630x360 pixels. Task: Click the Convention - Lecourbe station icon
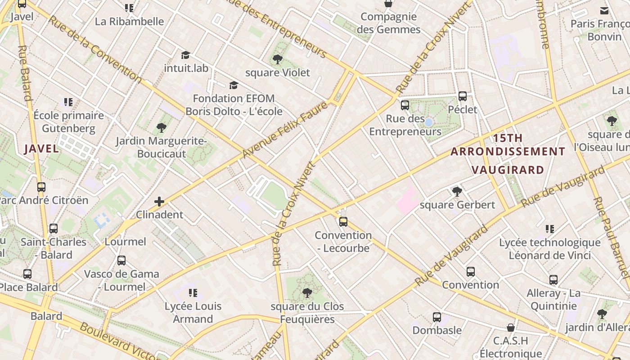[343, 221]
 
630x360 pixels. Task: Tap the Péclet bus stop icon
[463, 96]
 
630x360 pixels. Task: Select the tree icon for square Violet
[278, 59]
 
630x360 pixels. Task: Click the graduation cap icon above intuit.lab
[185, 55]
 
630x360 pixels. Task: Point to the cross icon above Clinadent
[159, 202]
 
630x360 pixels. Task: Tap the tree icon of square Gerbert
[457, 192]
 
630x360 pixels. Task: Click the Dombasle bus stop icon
[436, 317]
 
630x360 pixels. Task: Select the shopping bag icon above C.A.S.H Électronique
[510, 327]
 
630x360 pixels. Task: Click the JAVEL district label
[41, 149]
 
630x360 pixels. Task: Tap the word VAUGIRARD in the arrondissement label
[508, 170]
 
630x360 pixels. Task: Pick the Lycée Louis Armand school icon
[193, 293]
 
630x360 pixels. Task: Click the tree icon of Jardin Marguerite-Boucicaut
[161, 128]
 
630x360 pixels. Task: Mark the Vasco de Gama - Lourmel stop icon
[121, 261]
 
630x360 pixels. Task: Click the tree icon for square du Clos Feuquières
[307, 293]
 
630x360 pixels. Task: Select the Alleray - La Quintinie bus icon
[553, 280]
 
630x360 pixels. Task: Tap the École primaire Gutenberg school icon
[68, 102]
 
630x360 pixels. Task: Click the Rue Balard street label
[25, 72]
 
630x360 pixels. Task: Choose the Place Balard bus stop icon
[27, 274]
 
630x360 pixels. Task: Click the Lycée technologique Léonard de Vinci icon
[549, 229]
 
